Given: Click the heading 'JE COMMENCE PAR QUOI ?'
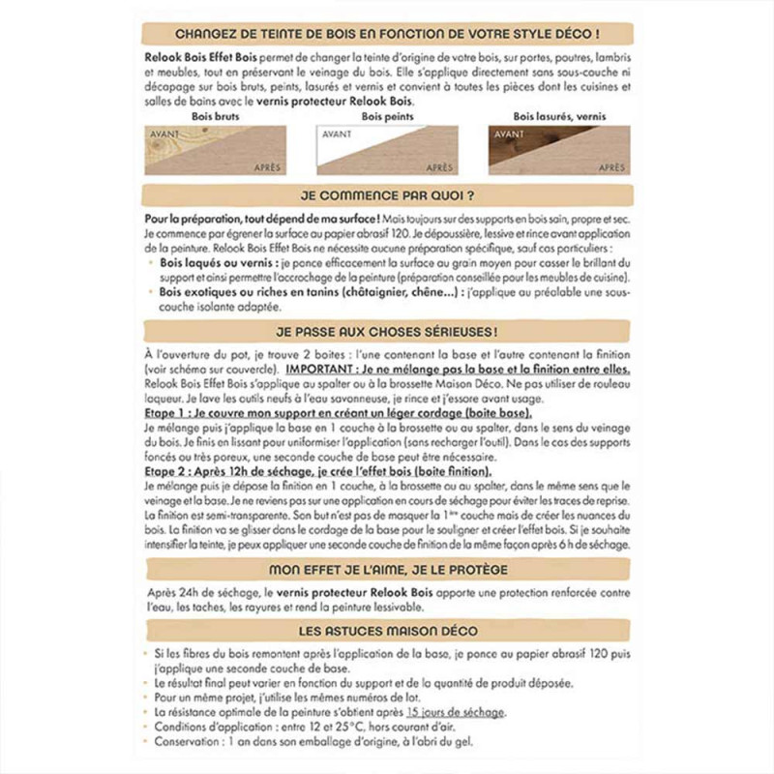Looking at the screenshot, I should tap(386, 193).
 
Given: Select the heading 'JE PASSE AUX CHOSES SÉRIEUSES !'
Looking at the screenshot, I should tap(386, 331).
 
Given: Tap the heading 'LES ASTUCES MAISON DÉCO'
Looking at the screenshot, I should tap(386, 631).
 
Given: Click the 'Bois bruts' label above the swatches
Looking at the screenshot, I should tap(216, 116).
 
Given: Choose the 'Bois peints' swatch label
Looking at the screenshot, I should tap(386, 116).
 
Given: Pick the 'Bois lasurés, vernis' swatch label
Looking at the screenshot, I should tap(558, 116).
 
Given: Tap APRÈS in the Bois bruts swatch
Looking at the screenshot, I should tap(267, 167).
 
